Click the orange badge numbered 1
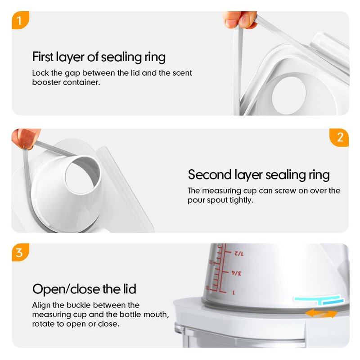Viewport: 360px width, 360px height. click(x=20, y=20)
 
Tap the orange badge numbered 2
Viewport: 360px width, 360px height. click(x=339, y=138)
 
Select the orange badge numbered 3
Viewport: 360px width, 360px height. click(x=20, y=252)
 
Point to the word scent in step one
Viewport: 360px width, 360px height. click(x=182, y=73)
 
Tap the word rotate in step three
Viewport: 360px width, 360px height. click(x=43, y=324)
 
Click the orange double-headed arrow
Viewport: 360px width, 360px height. click(x=321, y=313)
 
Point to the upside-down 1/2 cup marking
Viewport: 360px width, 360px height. click(x=239, y=254)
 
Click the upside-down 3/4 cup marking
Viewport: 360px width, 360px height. click(x=236, y=273)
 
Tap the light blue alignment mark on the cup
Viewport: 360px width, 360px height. click(x=319, y=300)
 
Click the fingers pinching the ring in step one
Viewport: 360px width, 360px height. click(x=239, y=20)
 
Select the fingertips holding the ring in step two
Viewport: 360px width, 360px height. click(x=26, y=139)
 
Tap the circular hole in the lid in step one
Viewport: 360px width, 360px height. click(x=289, y=95)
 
